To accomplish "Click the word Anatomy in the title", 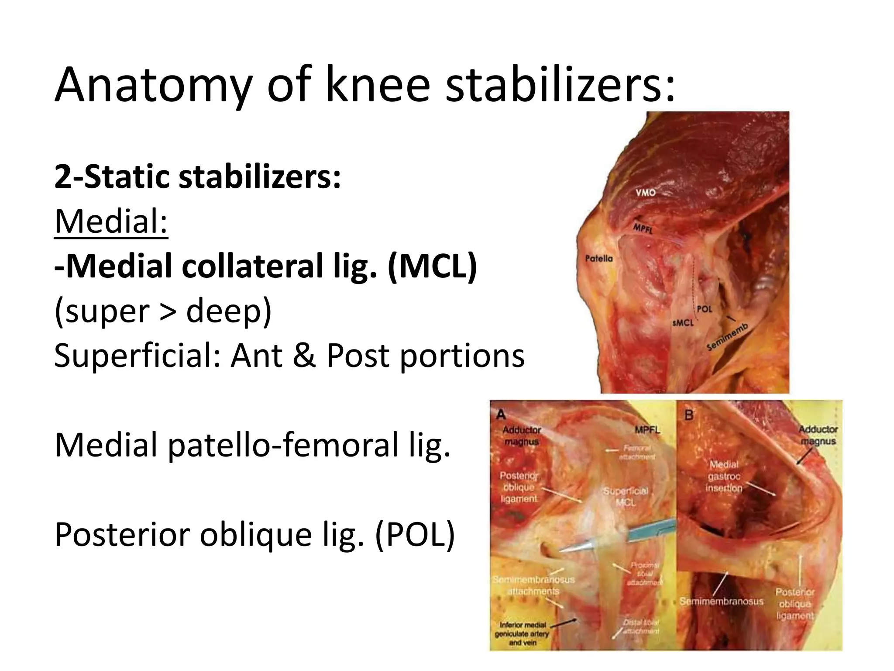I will point(153,85).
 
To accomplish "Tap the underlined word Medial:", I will point(111,222).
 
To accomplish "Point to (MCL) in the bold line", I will point(432,266).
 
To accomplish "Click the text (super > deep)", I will point(163,311).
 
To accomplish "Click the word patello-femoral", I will point(282,445).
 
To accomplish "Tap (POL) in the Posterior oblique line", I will point(415,535).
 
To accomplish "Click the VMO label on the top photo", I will point(645,192).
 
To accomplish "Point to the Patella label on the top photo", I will point(598,259).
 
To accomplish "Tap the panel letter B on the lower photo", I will point(688,414).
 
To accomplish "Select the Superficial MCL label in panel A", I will point(626,497).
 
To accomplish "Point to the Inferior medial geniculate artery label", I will point(522,633).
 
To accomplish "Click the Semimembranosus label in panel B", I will point(721,602).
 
